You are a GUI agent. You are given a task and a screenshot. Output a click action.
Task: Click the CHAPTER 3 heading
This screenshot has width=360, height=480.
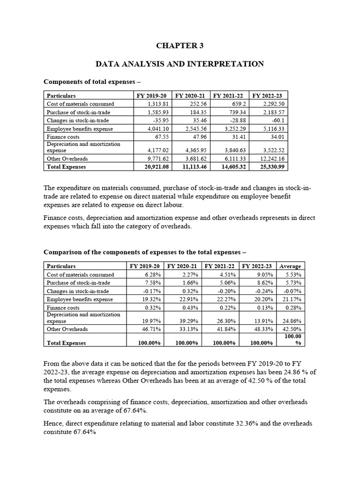180,45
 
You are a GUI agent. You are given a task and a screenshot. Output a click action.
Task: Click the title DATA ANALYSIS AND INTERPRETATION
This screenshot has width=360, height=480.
180,63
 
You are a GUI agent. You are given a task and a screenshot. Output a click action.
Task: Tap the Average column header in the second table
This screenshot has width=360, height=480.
290,266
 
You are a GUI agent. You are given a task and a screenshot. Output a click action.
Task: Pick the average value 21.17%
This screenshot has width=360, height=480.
293,300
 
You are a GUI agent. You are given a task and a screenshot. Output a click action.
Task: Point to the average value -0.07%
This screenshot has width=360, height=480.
293,291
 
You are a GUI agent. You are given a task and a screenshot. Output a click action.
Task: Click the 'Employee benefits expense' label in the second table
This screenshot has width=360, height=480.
80,300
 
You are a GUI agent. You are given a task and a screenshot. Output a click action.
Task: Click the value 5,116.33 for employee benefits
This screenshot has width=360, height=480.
274,129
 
